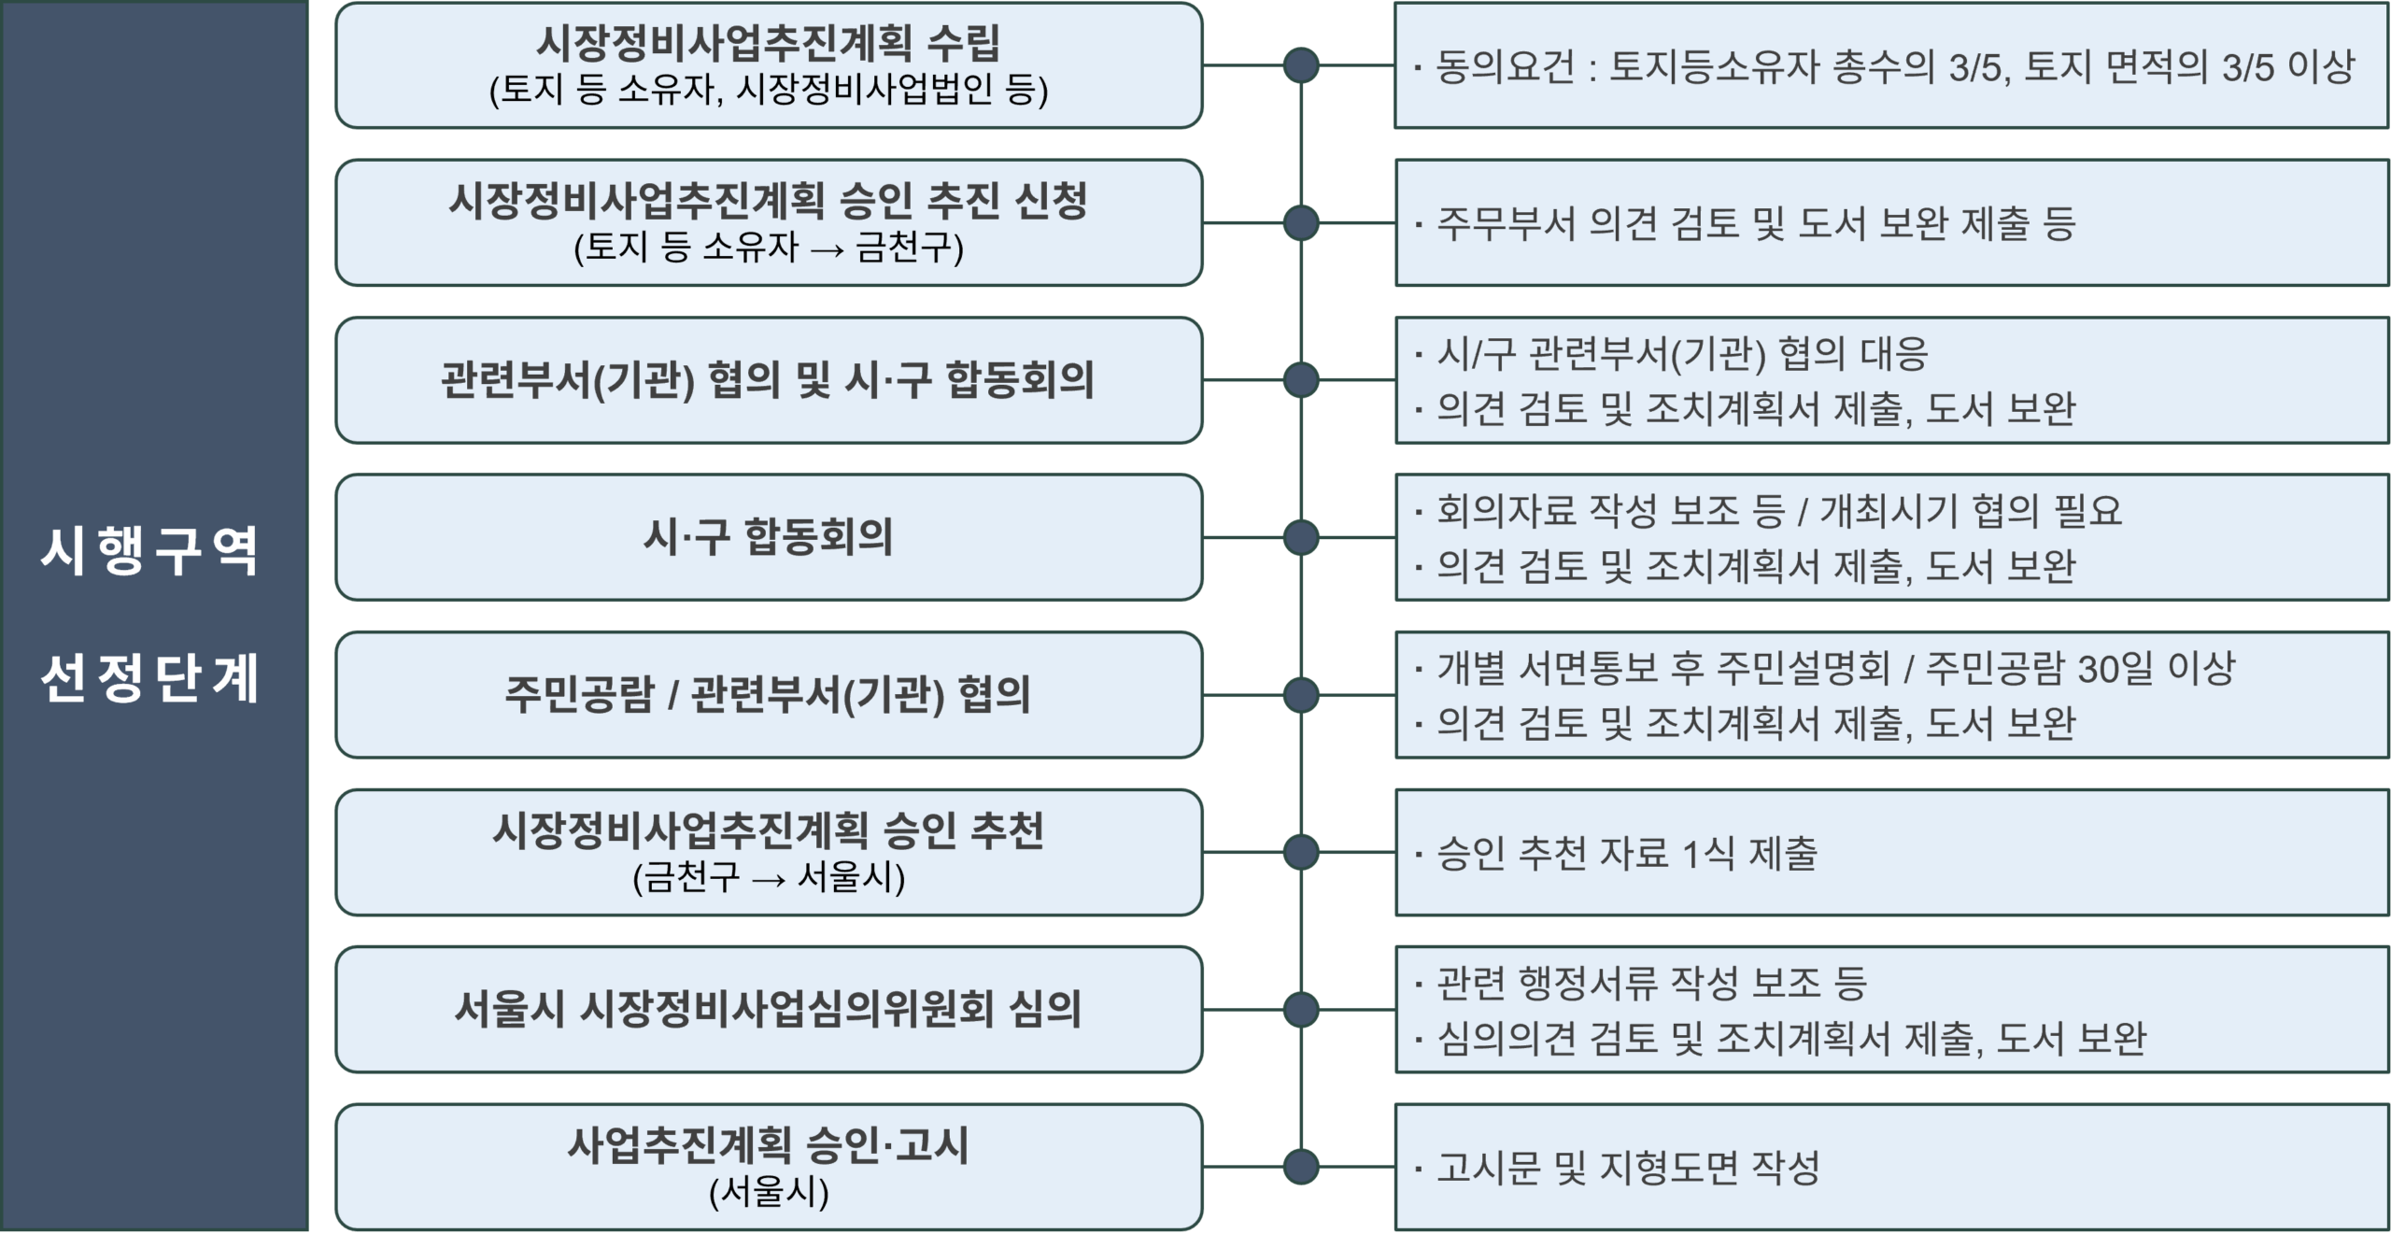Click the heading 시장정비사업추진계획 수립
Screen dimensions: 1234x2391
tap(768, 42)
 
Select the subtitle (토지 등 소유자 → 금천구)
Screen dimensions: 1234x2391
tap(768, 248)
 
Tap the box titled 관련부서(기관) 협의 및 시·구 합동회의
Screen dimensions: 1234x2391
tap(768, 380)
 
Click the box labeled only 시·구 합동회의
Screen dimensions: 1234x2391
tap(768, 537)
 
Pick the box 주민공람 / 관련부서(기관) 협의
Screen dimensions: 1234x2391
tap(768, 694)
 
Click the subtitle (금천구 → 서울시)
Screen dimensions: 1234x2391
tap(768, 877)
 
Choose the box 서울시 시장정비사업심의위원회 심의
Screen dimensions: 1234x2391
tap(768, 1009)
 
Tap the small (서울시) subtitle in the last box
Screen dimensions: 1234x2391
tap(768, 1192)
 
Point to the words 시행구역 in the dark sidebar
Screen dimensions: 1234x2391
tap(149, 551)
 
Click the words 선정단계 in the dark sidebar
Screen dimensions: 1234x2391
tap(149, 677)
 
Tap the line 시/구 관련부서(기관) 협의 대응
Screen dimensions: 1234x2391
tap(1681, 353)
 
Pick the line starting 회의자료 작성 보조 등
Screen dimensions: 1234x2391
tap(1778, 510)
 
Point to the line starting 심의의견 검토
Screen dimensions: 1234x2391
tap(1791, 1038)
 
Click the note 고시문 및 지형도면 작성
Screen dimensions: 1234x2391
tap(1628, 1168)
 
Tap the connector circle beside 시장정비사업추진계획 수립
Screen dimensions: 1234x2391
tap(1300, 65)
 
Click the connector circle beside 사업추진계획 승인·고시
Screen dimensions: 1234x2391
tap(1300, 1166)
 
